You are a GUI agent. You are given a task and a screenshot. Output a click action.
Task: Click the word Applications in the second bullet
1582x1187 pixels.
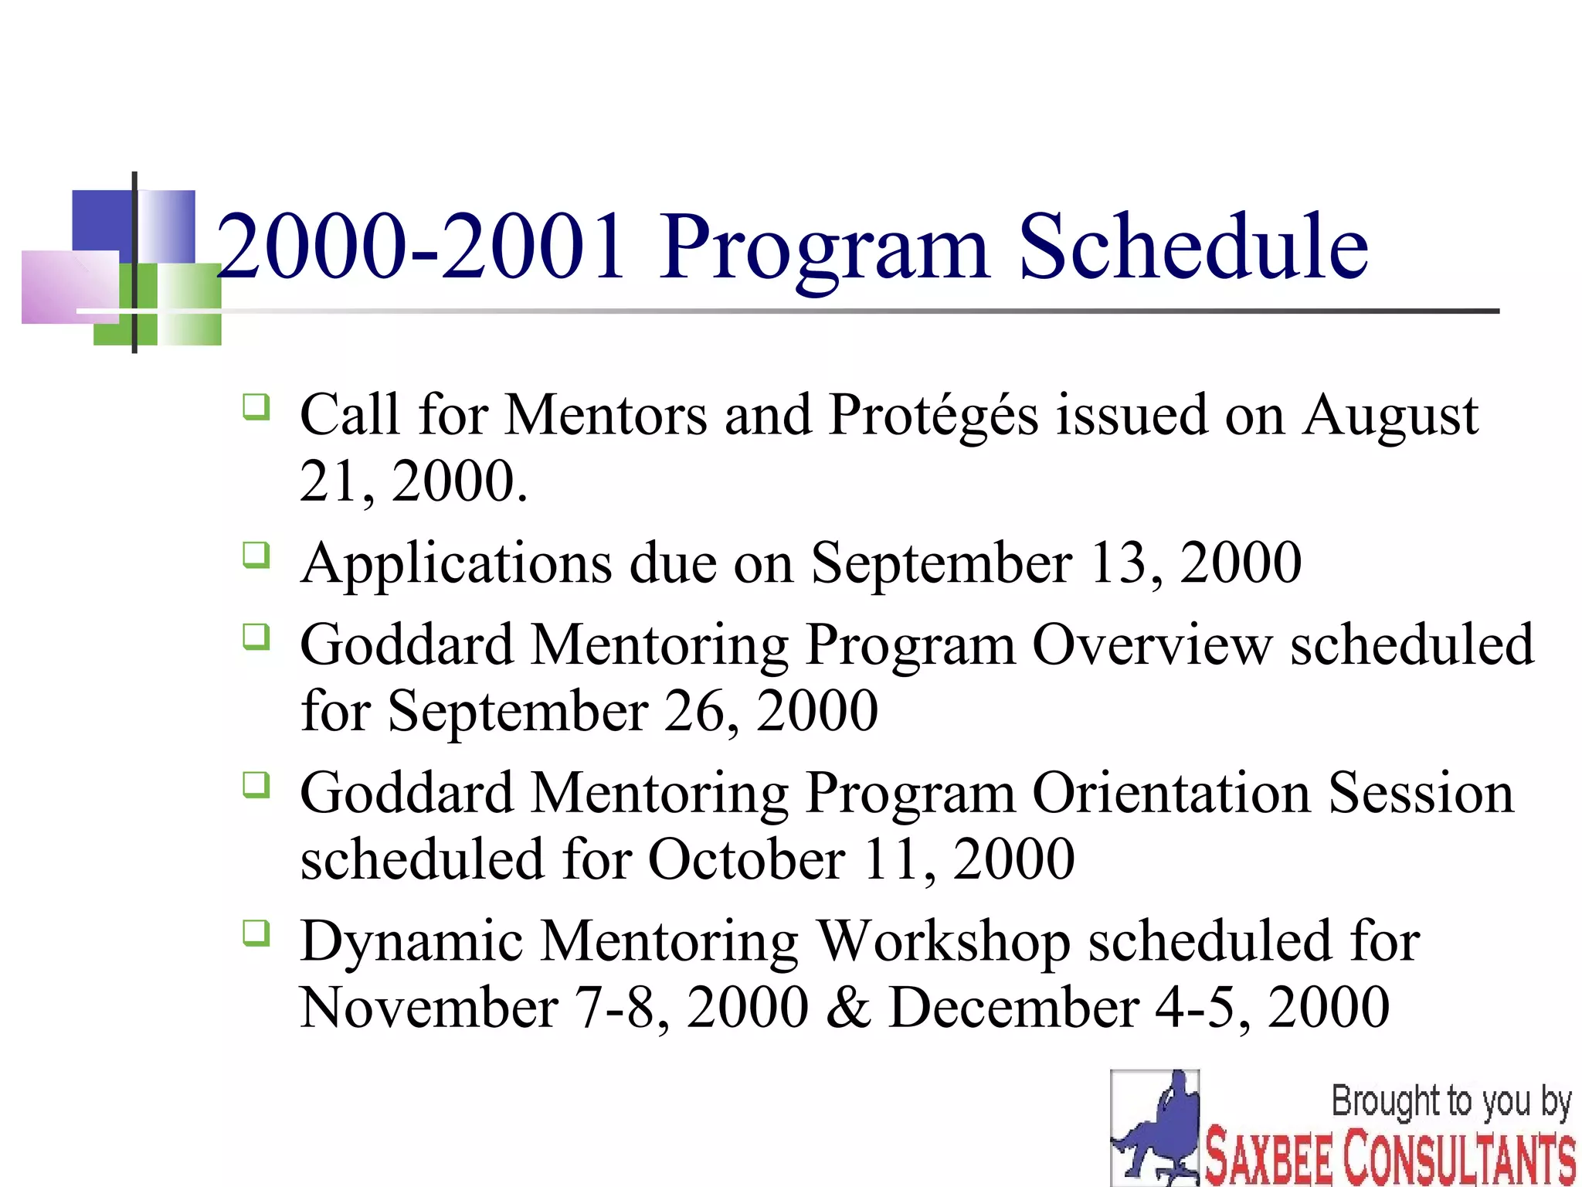click(x=455, y=564)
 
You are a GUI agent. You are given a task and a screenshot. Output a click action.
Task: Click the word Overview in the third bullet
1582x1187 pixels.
click(x=1152, y=645)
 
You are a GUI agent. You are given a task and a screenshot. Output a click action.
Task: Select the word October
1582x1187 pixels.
click(x=746, y=859)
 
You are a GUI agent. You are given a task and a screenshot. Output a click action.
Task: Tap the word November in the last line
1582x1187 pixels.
click(x=429, y=1008)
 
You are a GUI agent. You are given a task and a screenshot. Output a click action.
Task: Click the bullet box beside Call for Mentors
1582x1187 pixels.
click(x=256, y=406)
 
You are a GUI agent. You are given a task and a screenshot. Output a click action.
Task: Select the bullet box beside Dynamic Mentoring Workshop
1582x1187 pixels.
click(x=256, y=933)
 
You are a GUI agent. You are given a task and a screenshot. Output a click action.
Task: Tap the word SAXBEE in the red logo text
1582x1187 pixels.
click(x=1268, y=1157)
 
